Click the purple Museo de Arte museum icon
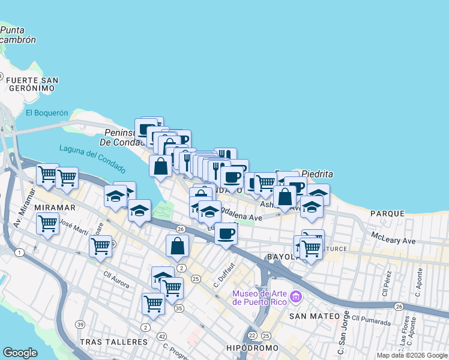click(295, 297)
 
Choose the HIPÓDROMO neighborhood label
click(252, 348)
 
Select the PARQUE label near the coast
click(387, 214)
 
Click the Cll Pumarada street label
click(372, 320)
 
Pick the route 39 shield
click(80, 325)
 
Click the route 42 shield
click(162, 337)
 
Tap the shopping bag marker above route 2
click(178, 246)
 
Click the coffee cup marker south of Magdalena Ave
click(226, 233)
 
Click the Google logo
click(20, 353)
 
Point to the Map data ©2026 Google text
click(412, 356)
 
